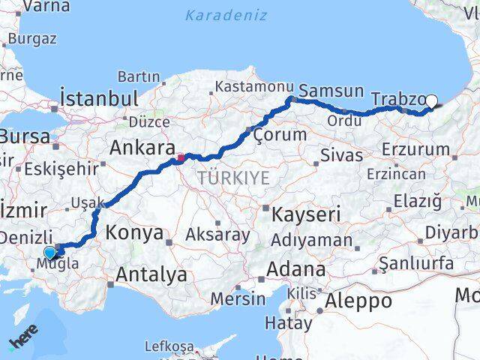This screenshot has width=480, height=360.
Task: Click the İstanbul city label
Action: click(100, 98)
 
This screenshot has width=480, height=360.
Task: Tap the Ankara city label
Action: click(142, 147)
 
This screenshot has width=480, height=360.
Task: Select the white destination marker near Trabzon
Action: click(431, 101)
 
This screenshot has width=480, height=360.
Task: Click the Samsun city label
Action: click(331, 91)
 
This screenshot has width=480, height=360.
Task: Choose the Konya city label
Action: click(134, 232)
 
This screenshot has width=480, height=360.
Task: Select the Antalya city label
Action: click(151, 274)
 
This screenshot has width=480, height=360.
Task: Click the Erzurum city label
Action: click(415, 149)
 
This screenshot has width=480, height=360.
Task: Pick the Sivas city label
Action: click(341, 155)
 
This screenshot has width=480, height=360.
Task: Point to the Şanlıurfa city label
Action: click(416, 263)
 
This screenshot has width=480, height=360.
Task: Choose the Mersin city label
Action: click(238, 298)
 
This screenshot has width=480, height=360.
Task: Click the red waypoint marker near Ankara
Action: click(180, 158)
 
